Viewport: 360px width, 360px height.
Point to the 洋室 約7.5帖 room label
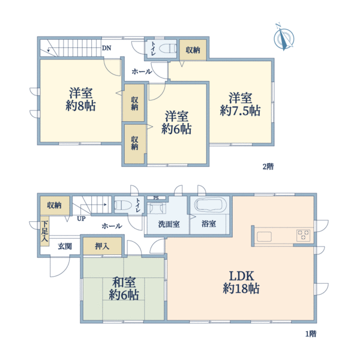(240, 104)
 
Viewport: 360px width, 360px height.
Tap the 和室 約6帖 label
(124, 288)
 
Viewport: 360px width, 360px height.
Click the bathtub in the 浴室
(209, 206)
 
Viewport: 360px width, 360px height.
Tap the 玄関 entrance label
(65, 246)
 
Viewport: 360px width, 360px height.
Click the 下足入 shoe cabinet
(44, 232)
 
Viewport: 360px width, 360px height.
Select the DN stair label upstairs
(106, 48)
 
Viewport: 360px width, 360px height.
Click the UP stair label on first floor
(81, 218)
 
